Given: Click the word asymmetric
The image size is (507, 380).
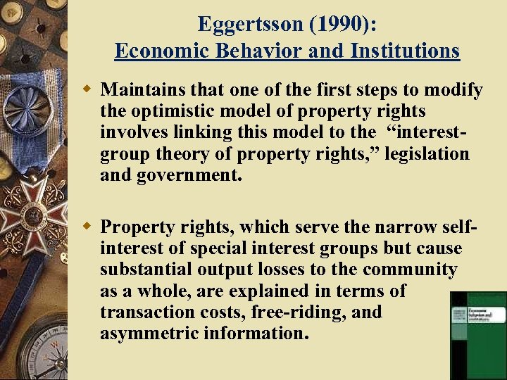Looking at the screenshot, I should click(x=149, y=333).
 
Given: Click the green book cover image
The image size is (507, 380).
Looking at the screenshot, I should click(x=478, y=334).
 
